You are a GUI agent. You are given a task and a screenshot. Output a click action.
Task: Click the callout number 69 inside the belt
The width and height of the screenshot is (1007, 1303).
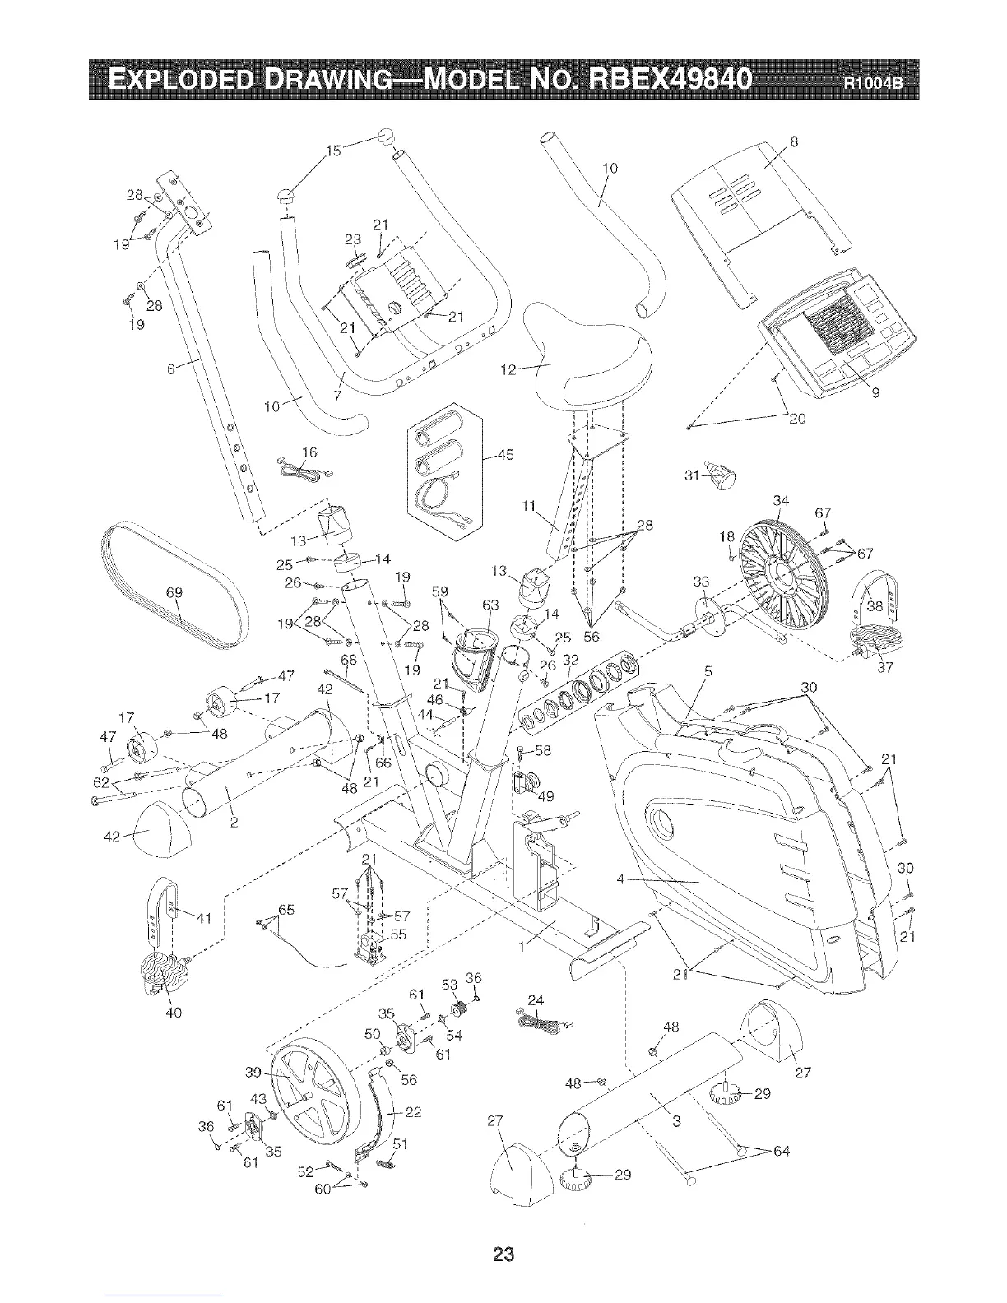click(x=174, y=594)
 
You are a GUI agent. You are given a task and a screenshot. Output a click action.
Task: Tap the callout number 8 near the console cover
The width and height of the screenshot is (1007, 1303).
click(x=794, y=141)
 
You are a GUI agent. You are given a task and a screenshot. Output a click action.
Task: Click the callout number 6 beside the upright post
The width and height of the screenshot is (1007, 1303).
click(x=171, y=369)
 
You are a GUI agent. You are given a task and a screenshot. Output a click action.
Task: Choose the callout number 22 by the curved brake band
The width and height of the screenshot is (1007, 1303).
click(x=414, y=1111)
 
